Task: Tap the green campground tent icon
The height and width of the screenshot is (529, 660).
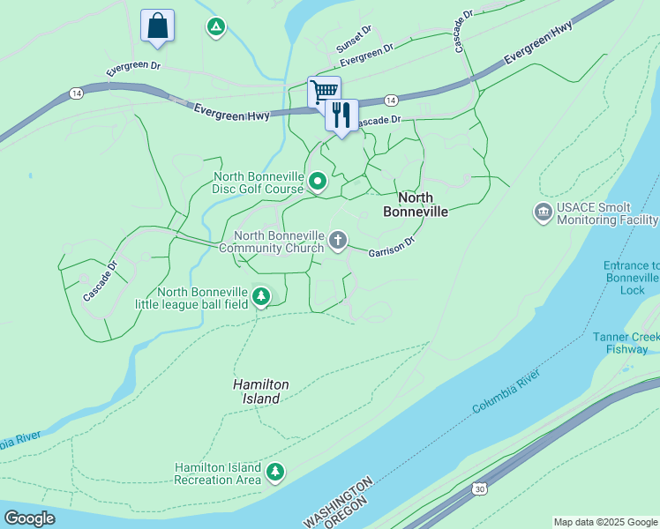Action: pyautogui.click(x=214, y=27)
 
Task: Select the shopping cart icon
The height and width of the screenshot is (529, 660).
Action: pyautogui.click(x=324, y=90)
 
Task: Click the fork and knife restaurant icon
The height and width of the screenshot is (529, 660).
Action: pyautogui.click(x=341, y=115)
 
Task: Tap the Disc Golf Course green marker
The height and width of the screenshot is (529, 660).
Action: pyautogui.click(x=318, y=183)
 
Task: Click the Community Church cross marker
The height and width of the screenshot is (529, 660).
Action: pyautogui.click(x=337, y=241)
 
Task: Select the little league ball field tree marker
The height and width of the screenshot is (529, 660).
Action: pyautogui.click(x=260, y=297)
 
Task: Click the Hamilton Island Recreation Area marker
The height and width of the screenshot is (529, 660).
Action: pyautogui.click(x=275, y=473)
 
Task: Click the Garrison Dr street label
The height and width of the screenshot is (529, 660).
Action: pyautogui.click(x=391, y=247)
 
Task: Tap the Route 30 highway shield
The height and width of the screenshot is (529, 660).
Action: pyautogui.click(x=478, y=488)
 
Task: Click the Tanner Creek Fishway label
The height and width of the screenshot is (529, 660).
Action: pyautogui.click(x=626, y=343)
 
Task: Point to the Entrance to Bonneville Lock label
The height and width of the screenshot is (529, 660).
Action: pyautogui.click(x=630, y=277)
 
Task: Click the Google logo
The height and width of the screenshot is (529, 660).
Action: pyautogui.click(x=29, y=518)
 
